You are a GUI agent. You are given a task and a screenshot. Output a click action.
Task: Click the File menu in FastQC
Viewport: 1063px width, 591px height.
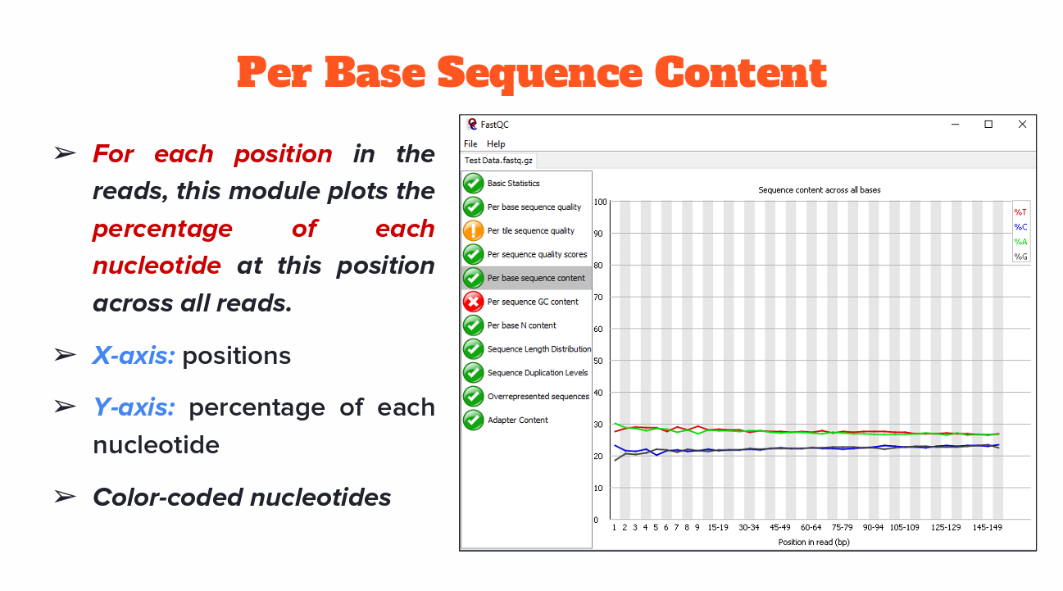(x=470, y=143)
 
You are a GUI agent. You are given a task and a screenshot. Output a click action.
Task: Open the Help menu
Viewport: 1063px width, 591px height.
(x=496, y=143)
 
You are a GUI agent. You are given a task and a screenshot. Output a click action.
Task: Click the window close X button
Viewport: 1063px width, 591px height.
(x=1022, y=125)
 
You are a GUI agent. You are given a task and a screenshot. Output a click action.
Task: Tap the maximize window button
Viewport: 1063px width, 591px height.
(x=988, y=125)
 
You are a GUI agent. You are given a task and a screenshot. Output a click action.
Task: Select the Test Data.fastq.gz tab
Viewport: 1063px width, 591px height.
(x=497, y=161)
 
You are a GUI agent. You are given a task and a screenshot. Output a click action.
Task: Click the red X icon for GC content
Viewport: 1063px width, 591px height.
(x=473, y=302)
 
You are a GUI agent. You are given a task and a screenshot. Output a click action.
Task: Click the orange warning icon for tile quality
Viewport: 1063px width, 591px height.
(x=473, y=231)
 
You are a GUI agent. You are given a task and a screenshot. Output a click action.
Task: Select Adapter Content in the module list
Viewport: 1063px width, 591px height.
(x=517, y=420)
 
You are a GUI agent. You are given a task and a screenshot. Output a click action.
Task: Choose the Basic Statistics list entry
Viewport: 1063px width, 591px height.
(x=513, y=184)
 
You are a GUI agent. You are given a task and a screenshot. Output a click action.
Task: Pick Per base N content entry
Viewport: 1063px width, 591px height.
(x=521, y=325)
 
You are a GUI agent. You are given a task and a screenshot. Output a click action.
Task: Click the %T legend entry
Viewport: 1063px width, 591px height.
(x=1020, y=212)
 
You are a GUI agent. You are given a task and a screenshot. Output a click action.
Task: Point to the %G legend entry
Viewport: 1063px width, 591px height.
(x=1020, y=257)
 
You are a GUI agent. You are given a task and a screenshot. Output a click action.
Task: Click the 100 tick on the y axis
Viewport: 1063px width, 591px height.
(x=601, y=202)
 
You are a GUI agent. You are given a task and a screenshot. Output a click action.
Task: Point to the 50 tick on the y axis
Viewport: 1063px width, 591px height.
(x=601, y=361)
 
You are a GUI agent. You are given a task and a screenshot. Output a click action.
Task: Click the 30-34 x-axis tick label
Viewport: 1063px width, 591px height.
(x=748, y=528)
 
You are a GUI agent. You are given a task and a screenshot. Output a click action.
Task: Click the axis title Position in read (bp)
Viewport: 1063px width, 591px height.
(x=814, y=542)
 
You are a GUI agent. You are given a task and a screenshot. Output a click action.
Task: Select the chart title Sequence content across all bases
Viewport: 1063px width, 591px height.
(x=819, y=190)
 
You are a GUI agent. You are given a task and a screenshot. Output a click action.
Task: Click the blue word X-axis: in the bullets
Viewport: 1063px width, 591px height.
(x=134, y=356)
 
